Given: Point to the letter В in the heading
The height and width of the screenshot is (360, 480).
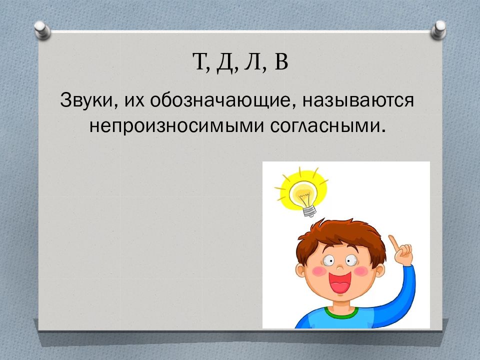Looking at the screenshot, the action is click(x=281, y=61).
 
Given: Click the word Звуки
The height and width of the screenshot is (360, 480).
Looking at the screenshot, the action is click(x=86, y=100).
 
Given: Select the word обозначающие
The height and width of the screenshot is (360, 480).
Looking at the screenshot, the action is click(x=219, y=100).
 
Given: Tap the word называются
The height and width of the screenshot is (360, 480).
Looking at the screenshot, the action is click(x=358, y=100).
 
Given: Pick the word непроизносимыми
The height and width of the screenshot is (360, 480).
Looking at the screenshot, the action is click(x=176, y=126).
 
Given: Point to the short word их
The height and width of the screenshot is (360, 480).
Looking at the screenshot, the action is click(x=134, y=100).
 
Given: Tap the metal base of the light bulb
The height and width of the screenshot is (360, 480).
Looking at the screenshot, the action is click(x=309, y=210).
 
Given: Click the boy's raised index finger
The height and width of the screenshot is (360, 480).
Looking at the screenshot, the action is click(x=393, y=242).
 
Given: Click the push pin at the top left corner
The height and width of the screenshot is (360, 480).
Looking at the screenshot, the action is click(x=42, y=30).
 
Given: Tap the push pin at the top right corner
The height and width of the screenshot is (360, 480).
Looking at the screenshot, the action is click(x=438, y=29).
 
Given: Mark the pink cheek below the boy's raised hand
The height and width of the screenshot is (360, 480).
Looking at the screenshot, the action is click(x=361, y=271).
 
